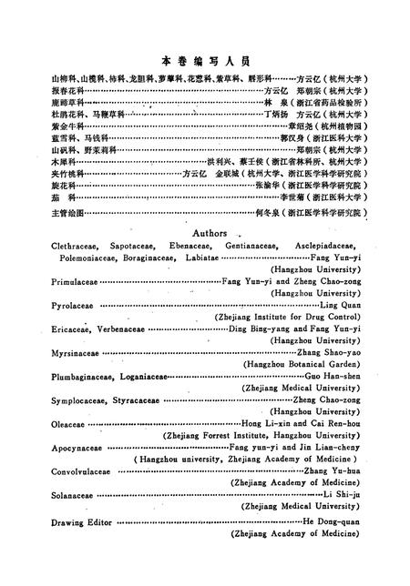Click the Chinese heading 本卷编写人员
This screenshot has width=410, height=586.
pos(205,59)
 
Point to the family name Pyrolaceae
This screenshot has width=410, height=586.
pos(70,307)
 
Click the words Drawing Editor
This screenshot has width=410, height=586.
pos(80,533)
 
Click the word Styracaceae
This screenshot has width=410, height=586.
pos(136,400)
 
